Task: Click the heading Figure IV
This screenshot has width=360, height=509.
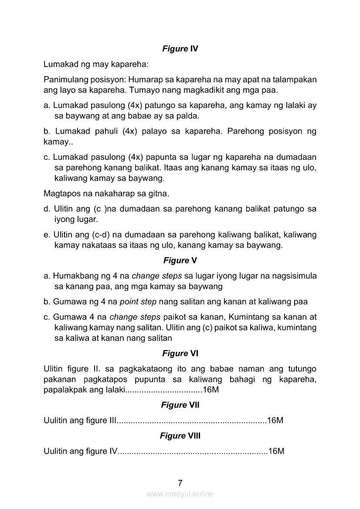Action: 180,49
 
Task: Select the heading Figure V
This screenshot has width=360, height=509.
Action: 180,260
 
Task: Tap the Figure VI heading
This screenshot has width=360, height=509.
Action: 180,354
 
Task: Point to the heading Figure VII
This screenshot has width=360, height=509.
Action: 180,405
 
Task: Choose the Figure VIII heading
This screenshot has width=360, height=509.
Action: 180,435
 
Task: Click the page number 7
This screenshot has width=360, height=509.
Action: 180,482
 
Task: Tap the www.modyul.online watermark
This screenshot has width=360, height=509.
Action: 180,494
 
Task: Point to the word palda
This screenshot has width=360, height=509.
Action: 189,116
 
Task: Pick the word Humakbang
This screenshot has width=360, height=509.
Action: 76,276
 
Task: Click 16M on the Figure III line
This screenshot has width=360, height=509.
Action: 276,421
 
